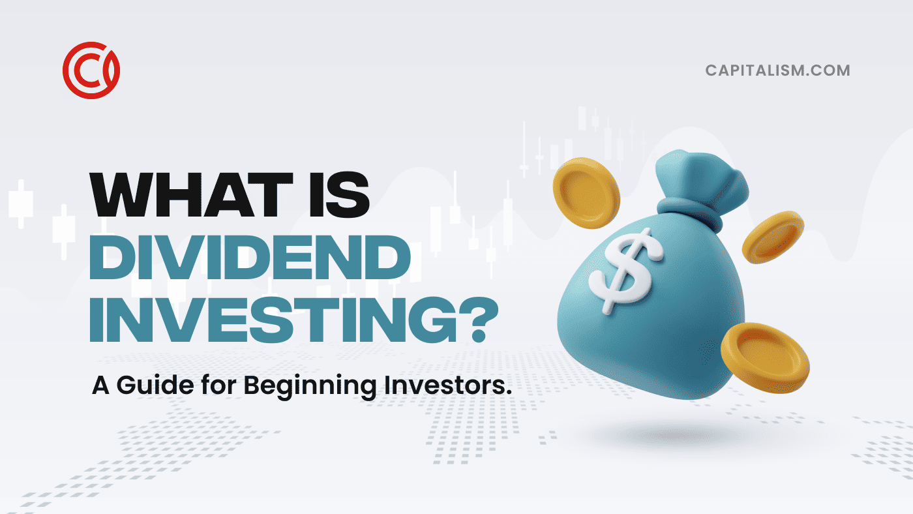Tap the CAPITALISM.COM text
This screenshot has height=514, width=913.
(x=777, y=70)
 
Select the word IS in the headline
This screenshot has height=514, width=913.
(x=339, y=195)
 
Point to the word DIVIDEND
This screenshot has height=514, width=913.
(x=250, y=257)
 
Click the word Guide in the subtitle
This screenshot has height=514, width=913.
(x=155, y=385)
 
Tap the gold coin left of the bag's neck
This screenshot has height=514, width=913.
(x=586, y=193)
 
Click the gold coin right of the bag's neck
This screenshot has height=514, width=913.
(x=772, y=237)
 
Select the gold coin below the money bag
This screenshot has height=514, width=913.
(x=765, y=358)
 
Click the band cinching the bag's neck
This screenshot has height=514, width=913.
(x=689, y=212)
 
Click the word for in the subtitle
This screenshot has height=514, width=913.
(x=219, y=385)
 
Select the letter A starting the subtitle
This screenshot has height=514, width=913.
(x=100, y=385)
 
